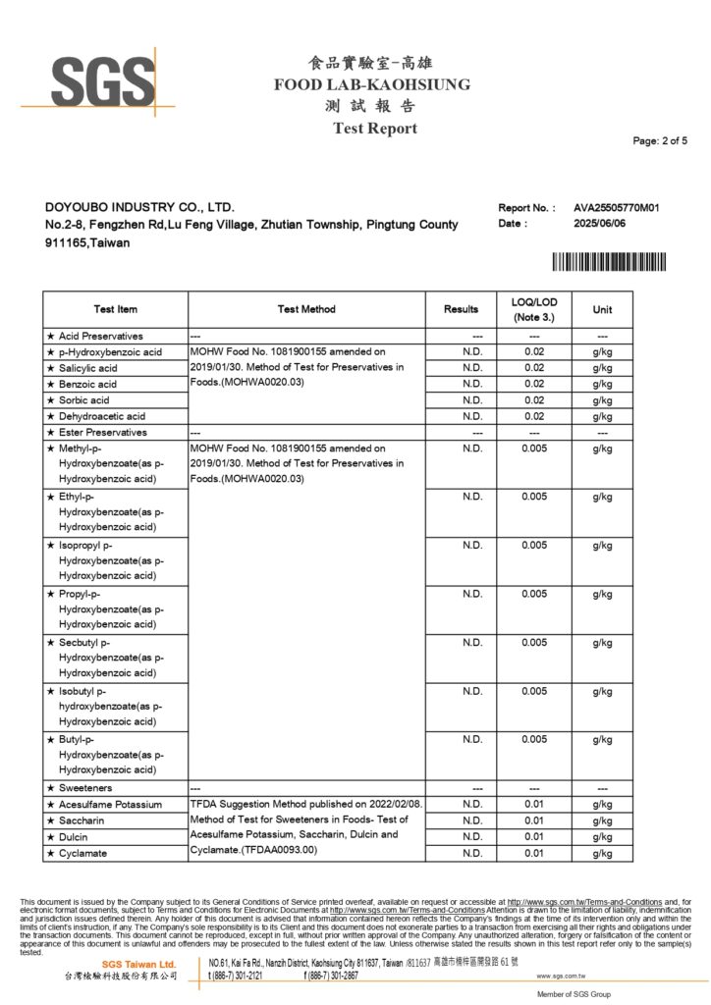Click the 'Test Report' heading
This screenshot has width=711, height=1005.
click(374, 129)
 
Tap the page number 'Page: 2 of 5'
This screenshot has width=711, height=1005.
click(660, 141)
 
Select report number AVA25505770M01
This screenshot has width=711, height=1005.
click(617, 208)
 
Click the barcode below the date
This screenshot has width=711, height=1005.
click(608, 262)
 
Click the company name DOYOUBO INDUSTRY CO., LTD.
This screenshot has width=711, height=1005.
click(140, 208)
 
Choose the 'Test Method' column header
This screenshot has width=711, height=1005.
click(306, 309)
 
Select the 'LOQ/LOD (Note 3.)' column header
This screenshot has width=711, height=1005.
click(533, 309)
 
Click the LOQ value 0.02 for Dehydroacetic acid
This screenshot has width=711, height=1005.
click(533, 416)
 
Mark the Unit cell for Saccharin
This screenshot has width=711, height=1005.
click(602, 820)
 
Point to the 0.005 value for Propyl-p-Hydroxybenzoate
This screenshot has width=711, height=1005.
click(533, 594)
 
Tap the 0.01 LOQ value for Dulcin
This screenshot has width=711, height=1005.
click(533, 836)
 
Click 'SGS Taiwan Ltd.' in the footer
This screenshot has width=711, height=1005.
click(140, 965)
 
